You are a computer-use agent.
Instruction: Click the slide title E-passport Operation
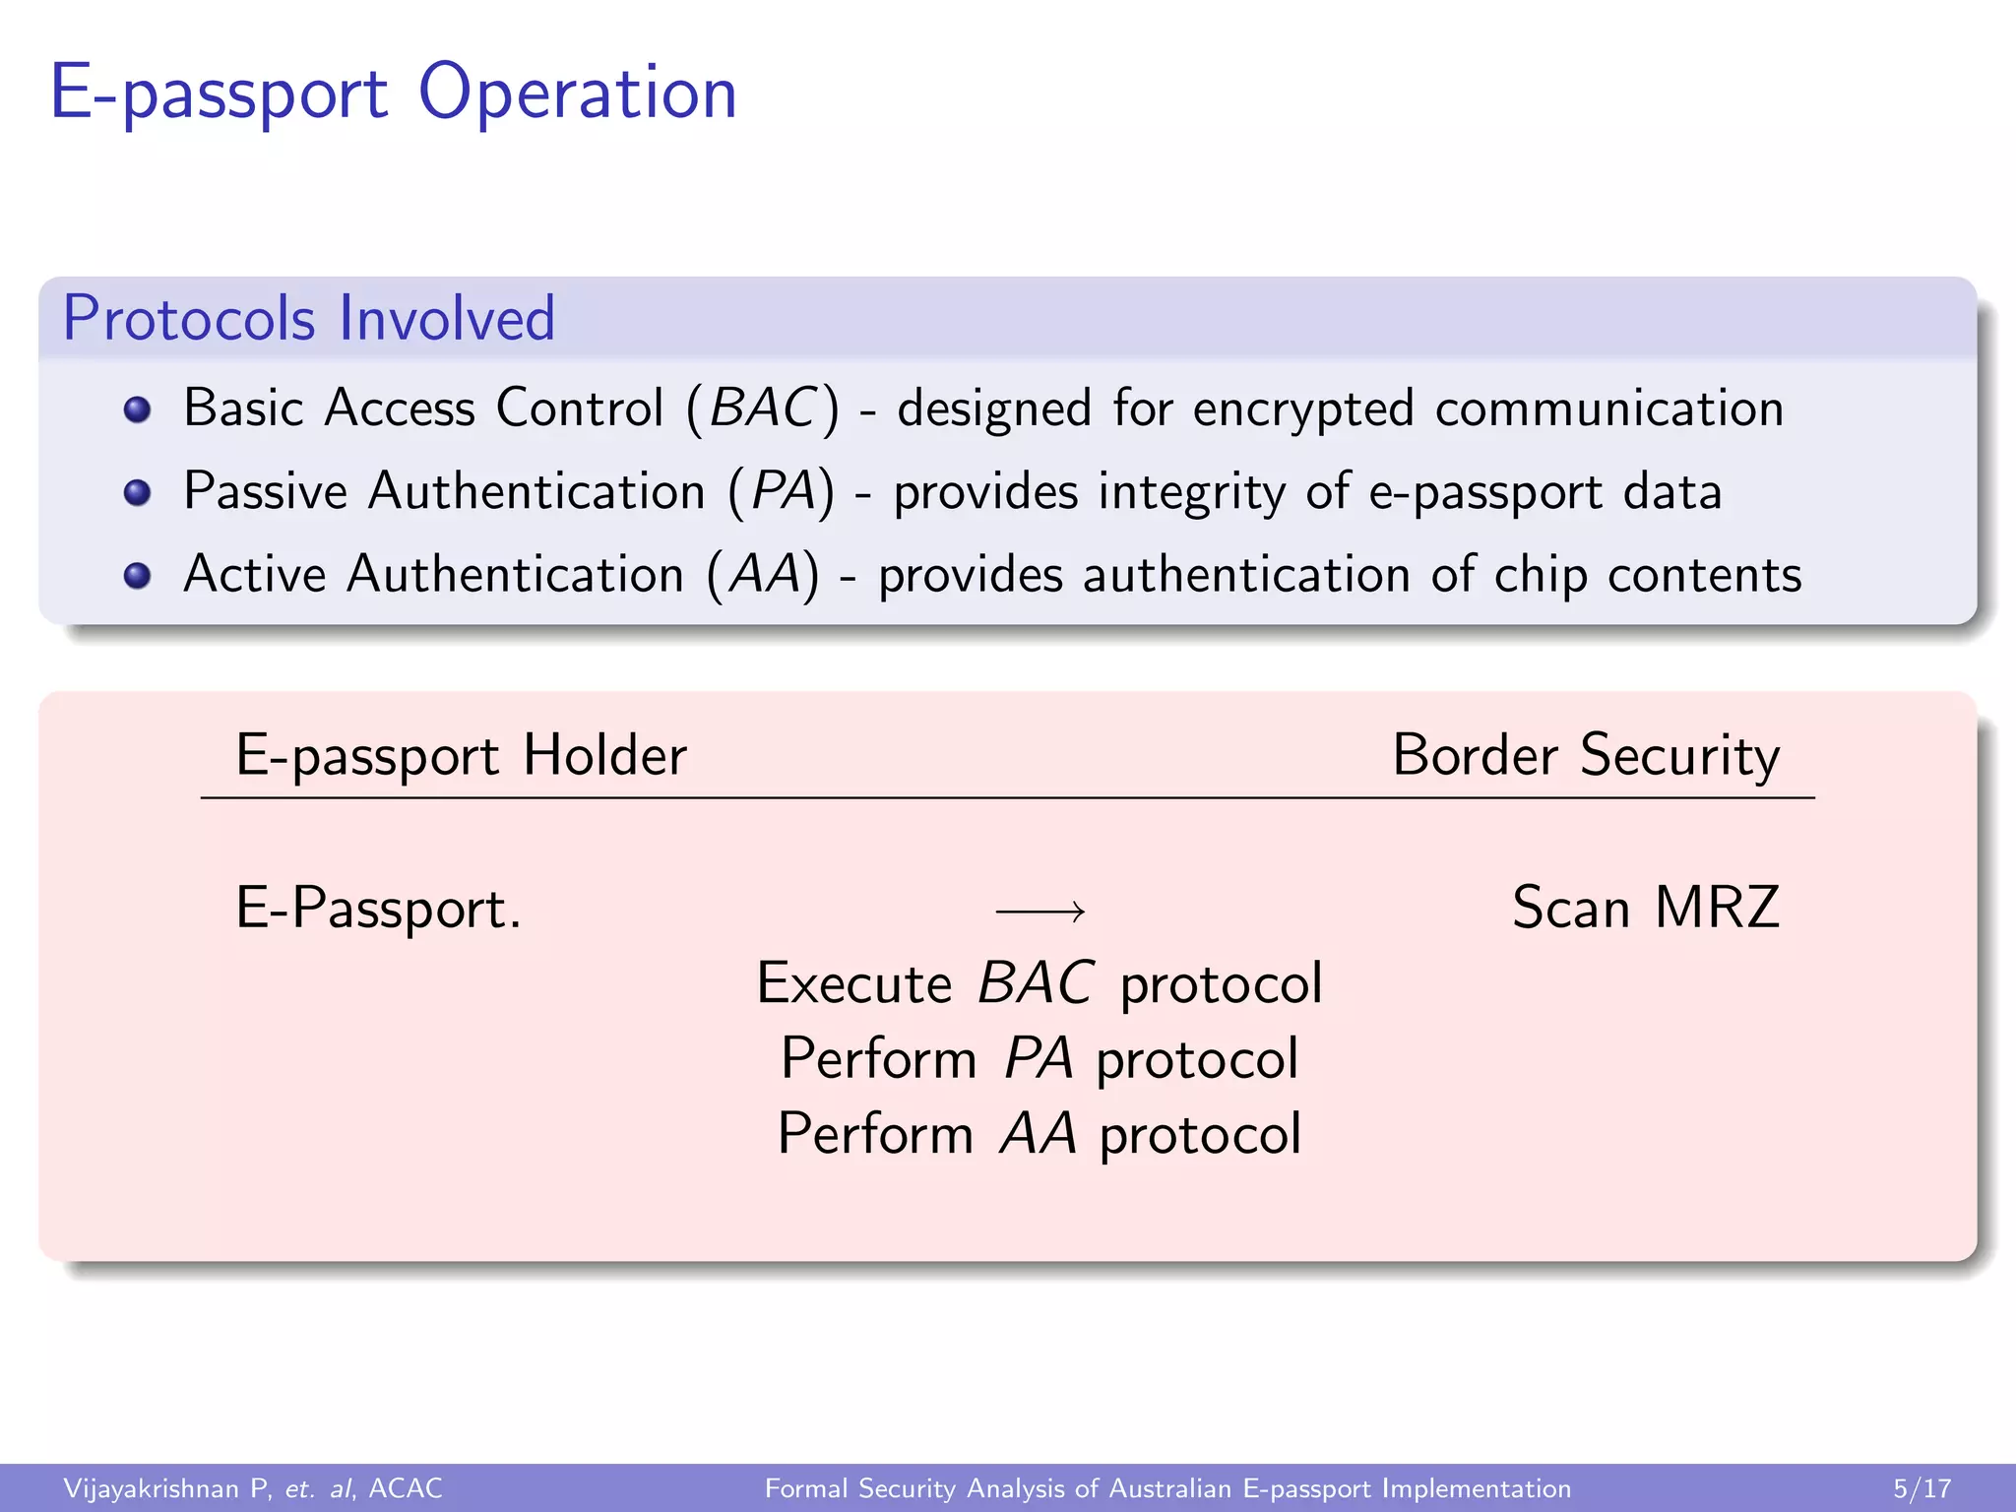393,93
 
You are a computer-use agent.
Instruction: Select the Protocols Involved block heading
309,318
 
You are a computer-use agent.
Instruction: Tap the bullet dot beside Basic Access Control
138,409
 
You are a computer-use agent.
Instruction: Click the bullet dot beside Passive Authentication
138,492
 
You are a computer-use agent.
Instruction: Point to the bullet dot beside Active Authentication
138,575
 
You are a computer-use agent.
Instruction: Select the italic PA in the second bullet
783,491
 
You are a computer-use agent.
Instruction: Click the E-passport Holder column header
461,756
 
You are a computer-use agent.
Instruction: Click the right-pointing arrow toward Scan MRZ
1040,912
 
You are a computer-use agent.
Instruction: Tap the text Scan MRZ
1646,908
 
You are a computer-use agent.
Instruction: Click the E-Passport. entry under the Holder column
379,909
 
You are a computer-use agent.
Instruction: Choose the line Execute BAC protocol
1039,983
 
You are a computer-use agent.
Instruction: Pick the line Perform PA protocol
1039,1059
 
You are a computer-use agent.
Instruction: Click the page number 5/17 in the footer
1921,1488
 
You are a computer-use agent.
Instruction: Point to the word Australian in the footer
1169,1488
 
